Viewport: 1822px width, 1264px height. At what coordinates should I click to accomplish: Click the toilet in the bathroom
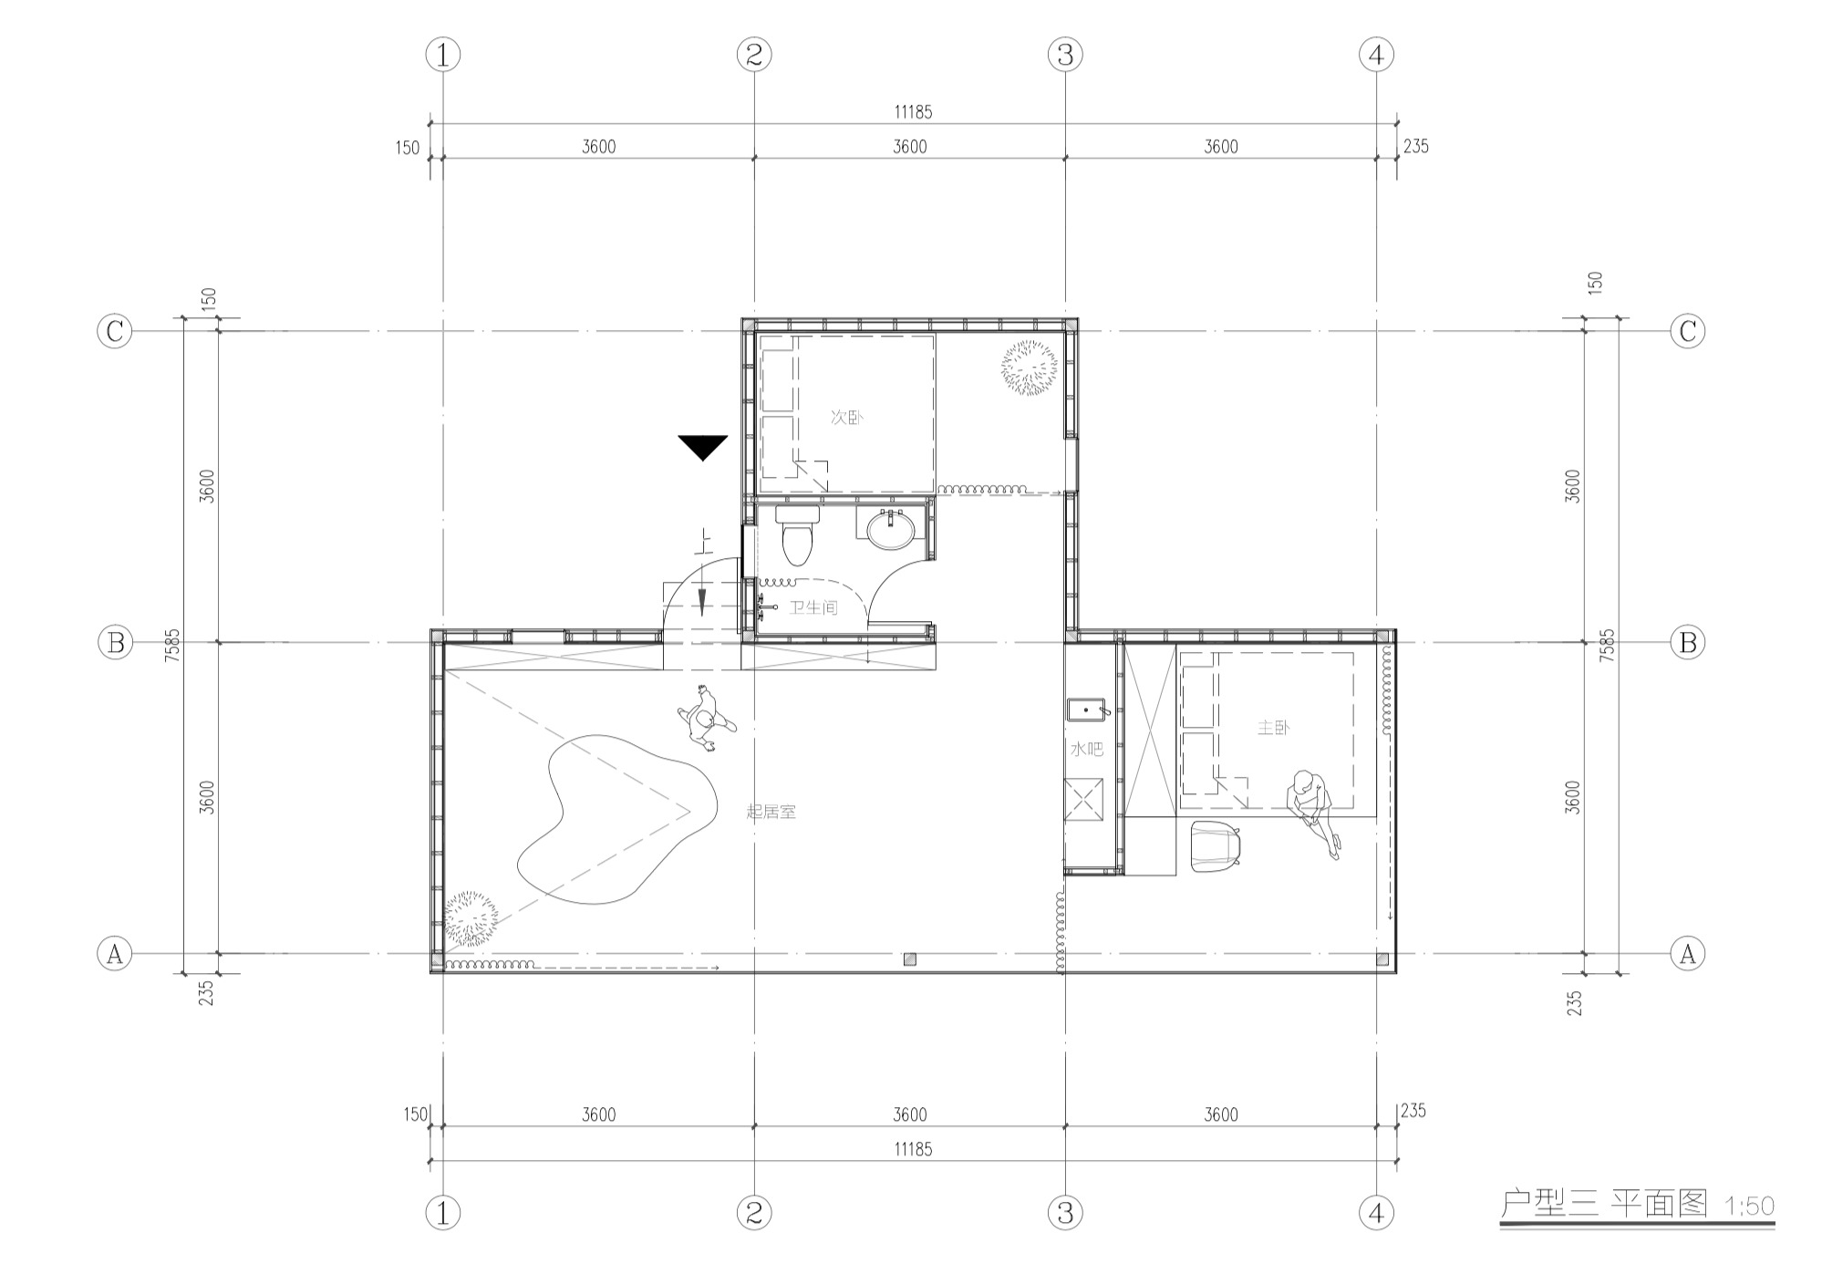798,534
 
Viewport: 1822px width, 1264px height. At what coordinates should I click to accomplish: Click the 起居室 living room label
771,812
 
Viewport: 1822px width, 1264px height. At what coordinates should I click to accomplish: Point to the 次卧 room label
847,418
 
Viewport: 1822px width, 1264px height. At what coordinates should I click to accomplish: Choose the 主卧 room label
1274,728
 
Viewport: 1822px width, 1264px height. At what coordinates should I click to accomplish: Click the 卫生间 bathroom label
813,607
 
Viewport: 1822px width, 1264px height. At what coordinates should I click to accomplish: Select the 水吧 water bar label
1086,750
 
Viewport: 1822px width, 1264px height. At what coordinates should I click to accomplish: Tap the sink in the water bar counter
1086,709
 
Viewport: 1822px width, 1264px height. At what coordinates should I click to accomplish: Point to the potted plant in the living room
470,918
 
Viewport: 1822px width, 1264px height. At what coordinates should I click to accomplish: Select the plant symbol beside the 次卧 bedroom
1030,368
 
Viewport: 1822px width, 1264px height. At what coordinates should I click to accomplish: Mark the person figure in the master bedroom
1313,812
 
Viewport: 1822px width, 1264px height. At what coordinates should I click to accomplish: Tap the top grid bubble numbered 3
1065,55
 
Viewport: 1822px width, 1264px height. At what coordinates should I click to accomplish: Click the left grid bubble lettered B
115,643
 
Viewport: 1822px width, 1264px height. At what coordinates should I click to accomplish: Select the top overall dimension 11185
913,112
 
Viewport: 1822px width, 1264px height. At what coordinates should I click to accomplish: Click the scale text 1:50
1749,1206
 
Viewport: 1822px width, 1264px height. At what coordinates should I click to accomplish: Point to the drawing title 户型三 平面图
1604,1204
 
